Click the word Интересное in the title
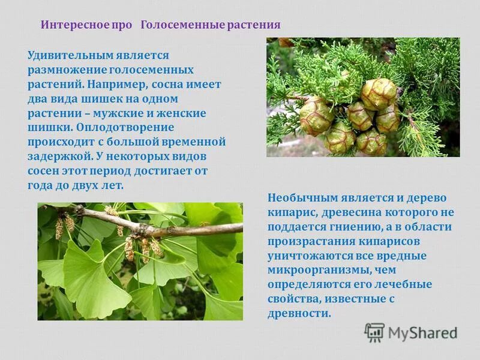point(70,25)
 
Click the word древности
point(299,313)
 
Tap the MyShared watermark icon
point(374,332)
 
